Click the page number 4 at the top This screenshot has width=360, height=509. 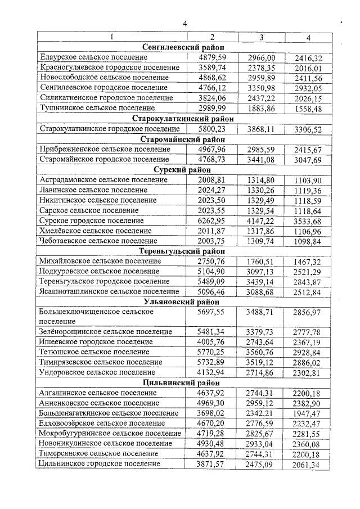coord(183,23)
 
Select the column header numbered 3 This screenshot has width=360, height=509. coord(261,37)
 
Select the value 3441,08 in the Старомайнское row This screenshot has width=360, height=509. coord(261,159)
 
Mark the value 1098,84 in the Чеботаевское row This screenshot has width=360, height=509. coord(308,241)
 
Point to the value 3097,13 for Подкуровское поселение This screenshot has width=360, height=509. coord(261,271)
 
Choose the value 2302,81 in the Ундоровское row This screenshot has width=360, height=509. coord(308,372)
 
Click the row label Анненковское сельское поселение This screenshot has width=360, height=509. coord(99,403)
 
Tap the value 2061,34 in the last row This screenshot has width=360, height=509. coord(308,464)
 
